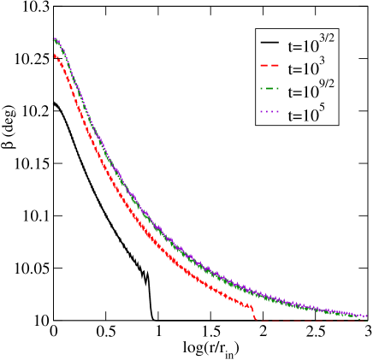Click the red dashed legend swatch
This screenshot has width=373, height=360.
269,65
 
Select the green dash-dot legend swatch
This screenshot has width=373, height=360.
269,88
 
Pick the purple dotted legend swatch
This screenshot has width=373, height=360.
269,111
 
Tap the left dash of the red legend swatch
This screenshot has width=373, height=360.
264,65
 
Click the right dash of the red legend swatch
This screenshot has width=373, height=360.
275,65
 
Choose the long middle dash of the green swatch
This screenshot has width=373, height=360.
269,88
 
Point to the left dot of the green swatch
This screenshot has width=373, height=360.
262,88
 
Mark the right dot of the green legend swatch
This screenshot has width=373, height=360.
277,88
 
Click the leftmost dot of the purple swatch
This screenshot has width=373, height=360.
262,111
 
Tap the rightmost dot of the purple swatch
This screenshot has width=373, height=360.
277,111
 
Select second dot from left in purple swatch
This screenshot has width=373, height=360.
267,111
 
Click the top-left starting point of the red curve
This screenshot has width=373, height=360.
54,55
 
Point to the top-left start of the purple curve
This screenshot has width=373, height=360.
54,38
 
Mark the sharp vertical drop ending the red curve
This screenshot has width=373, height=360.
254,313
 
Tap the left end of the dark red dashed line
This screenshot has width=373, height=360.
257,320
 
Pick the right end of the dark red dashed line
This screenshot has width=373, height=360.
367,320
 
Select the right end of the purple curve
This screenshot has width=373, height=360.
367,316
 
